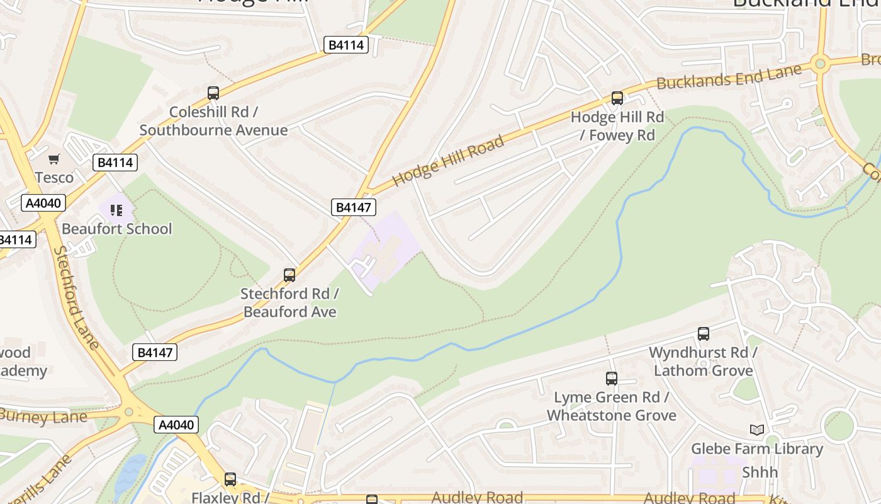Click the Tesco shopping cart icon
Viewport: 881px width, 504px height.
tap(54, 159)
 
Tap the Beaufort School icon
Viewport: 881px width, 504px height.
tap(116, 210)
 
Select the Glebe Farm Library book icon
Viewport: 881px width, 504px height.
tap(757, 430)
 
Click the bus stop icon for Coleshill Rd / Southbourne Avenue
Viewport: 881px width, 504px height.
tap(213, 93)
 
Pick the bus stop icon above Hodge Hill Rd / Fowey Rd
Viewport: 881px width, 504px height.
tap(617, 98)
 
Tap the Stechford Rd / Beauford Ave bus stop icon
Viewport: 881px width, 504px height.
tap(289, 275)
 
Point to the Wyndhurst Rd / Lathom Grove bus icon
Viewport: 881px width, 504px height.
tap(704, 334)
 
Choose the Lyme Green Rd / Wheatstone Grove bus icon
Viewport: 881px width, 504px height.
tap(612, 379)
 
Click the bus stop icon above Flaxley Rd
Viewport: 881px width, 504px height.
tap(230, 479)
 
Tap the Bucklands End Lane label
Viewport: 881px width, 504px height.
tap(729, 77)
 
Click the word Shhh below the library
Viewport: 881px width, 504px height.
tap(760, 472)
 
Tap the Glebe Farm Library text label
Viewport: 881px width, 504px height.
tap(757, 449)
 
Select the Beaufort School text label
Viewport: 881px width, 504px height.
tap(116, 229)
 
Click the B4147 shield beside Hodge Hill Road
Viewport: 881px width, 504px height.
tap(353, 207)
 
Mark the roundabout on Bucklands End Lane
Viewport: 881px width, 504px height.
tap(819, 63)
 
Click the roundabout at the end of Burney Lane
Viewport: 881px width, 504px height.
tap(130, 411)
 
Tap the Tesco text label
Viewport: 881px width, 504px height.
tap(54, 178)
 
